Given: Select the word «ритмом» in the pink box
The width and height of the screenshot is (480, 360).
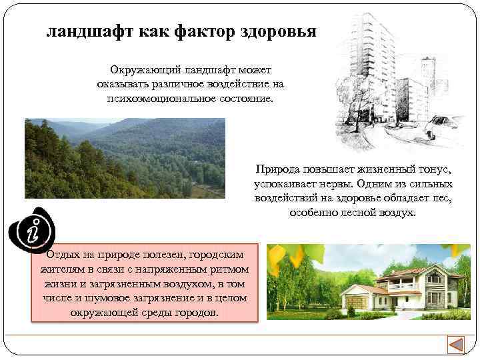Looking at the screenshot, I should click(229, 269).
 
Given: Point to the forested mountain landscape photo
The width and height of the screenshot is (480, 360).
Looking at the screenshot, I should click(125, 158).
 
